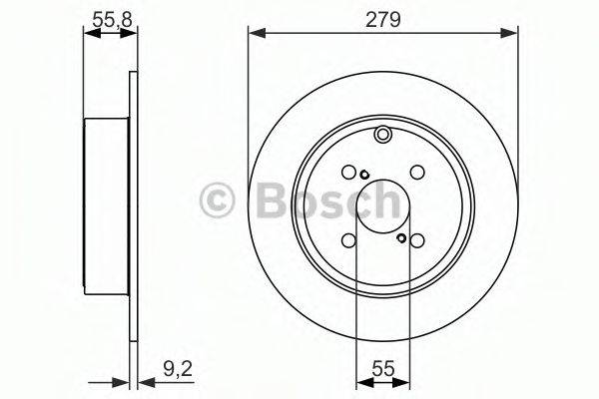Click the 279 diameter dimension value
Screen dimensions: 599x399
pyautogui.click(x=382, y=20)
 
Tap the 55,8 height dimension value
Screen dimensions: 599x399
pyautogui.click(x=112, y=20)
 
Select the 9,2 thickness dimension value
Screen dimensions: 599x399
pyautogui.click(x=178, y=369)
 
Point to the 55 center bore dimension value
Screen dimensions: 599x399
pyautogui.click(x=383, y=369)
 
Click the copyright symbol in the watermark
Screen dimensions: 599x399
pyautogui.click(x=217, y=200)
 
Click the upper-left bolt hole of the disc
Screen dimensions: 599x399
pyautogui.click(x=348, y=173)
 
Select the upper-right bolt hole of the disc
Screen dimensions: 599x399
pyautogui.click(x=417, y=173)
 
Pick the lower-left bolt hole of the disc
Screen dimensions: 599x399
pyautogui.click(x=348, y=240)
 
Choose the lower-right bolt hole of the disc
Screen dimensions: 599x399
pyautogui.click(x=417, y=240)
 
